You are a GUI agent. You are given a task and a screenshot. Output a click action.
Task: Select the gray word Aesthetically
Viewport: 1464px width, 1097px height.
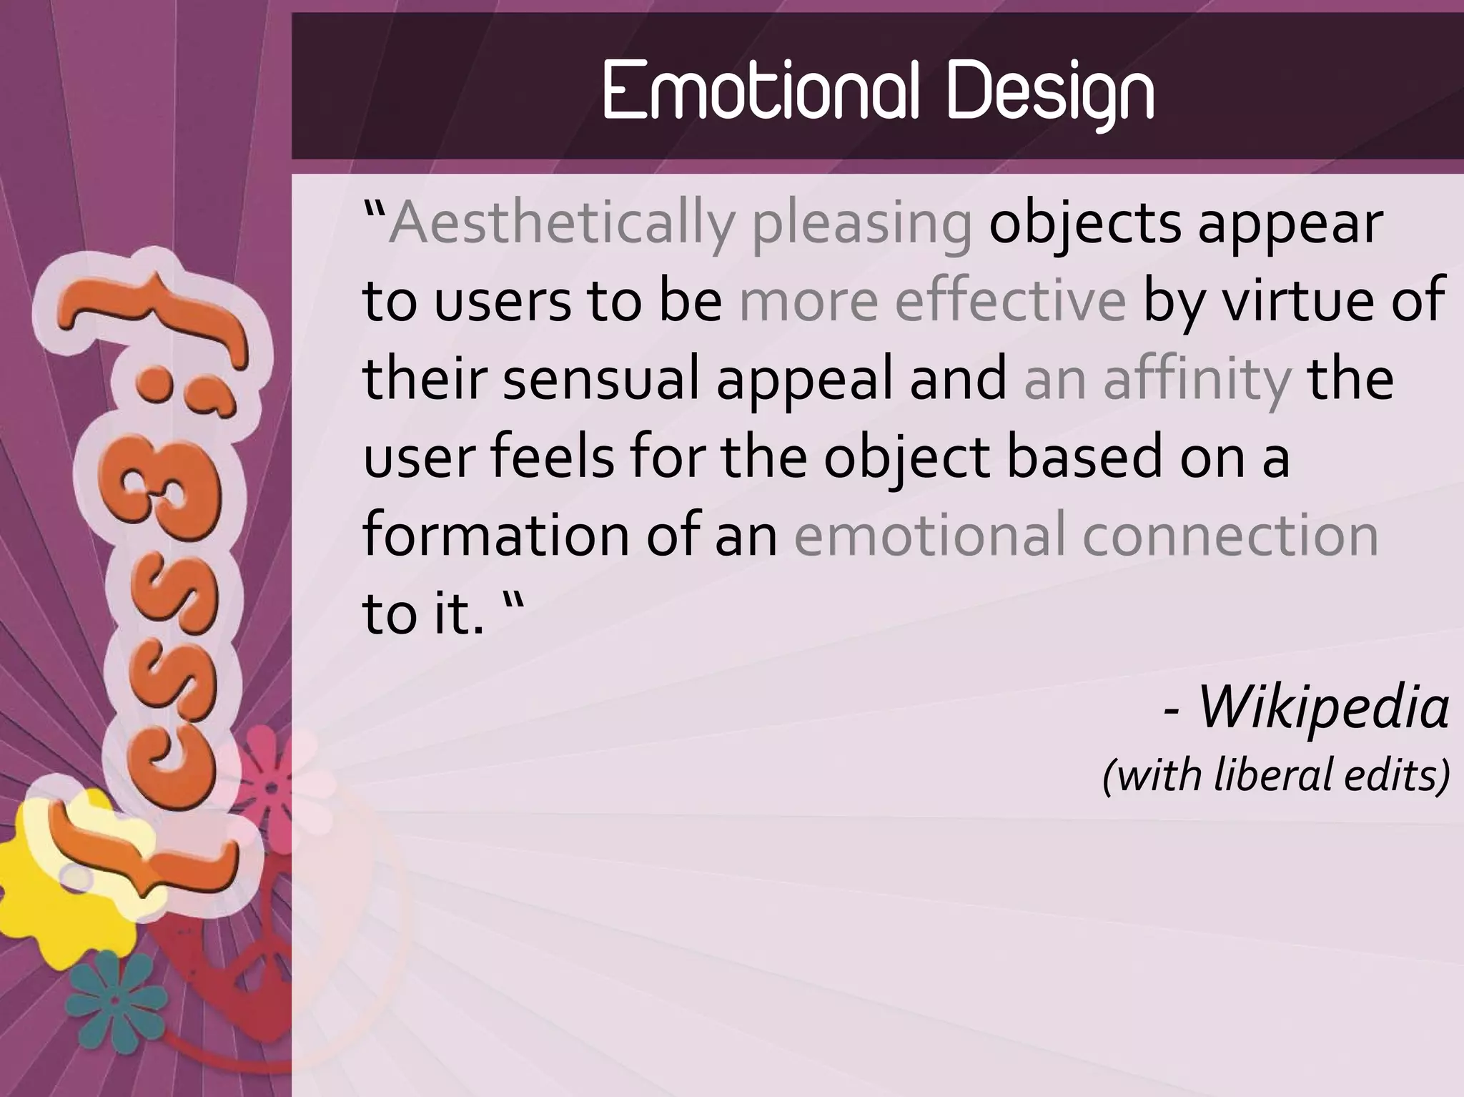pyautogui.click(x=561, y=224)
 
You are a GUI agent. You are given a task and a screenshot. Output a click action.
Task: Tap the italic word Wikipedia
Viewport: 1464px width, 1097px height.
pyautogui.click(x=1323, y=707)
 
